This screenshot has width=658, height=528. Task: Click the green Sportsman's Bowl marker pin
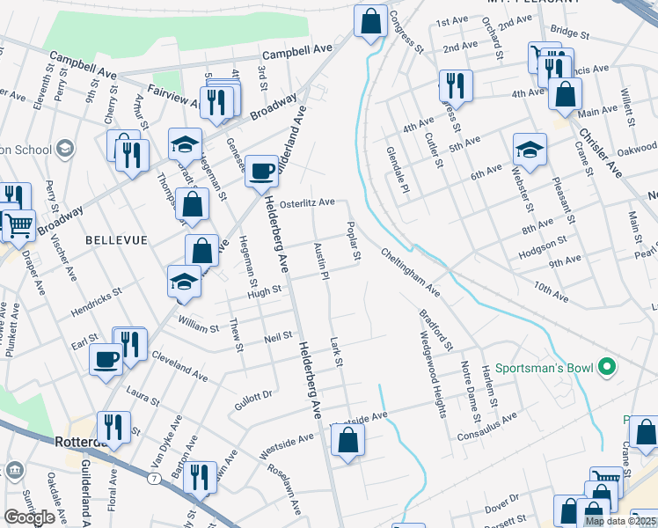[606, 367]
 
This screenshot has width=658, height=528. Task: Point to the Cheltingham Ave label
[410, 272]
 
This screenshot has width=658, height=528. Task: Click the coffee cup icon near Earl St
[106, 359]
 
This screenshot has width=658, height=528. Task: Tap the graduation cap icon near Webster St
[530, 149]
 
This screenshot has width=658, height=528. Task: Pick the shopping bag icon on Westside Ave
[347, 440]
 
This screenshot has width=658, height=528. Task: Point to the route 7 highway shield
[154, 478]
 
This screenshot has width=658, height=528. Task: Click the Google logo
[29, 517]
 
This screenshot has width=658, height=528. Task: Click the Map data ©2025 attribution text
[619, 521]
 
